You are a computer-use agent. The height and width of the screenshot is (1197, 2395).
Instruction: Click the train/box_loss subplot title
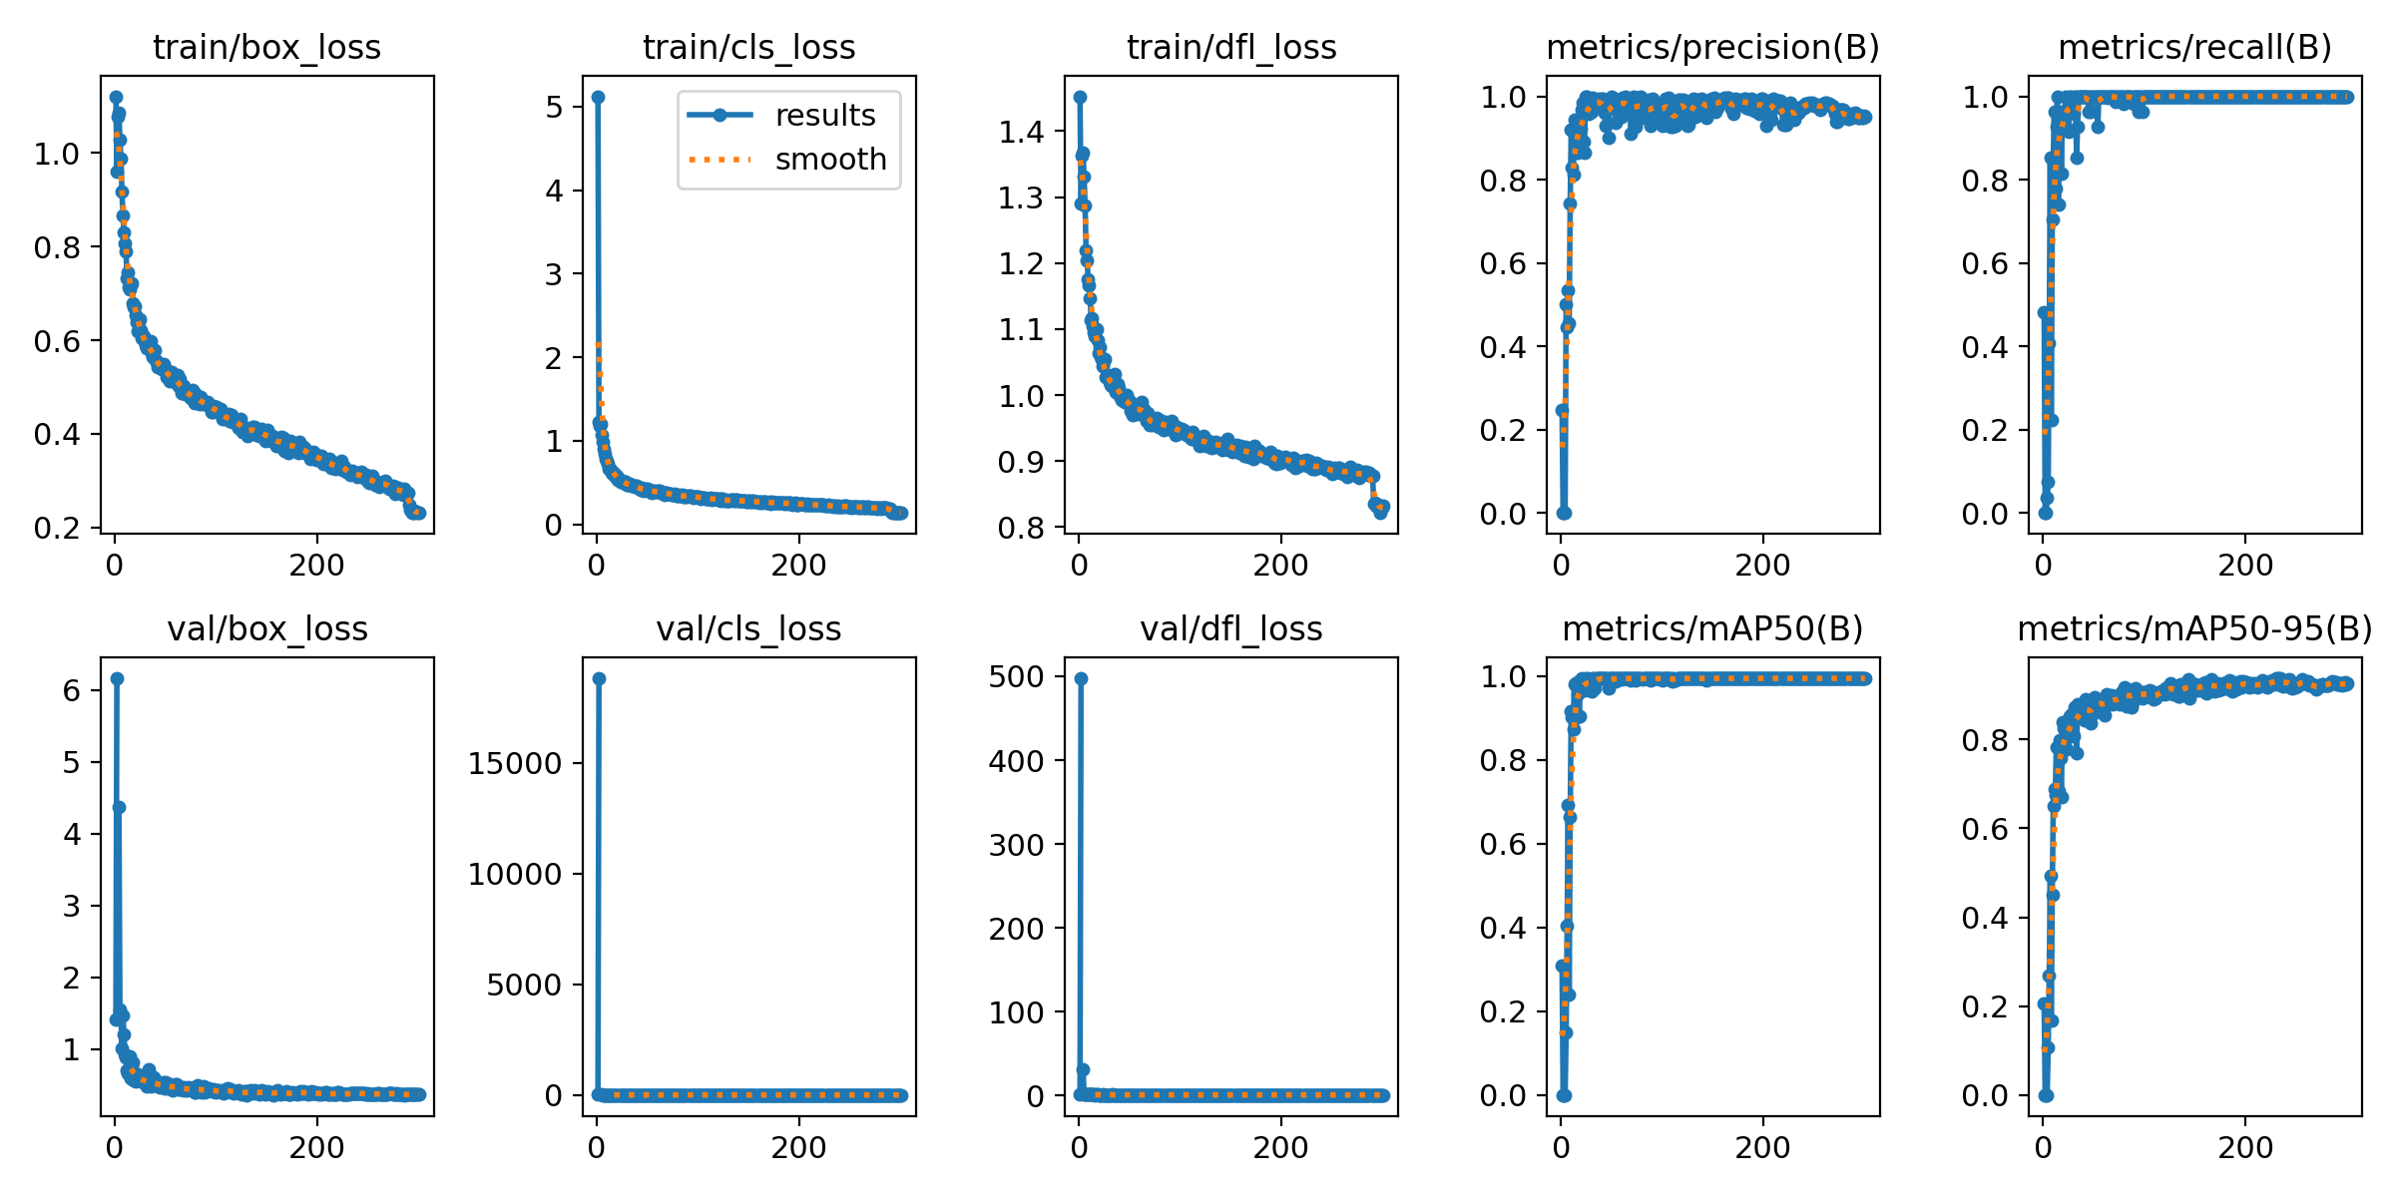pos(266,48)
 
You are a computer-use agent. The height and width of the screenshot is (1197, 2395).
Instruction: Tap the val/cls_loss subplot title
pos(748,629)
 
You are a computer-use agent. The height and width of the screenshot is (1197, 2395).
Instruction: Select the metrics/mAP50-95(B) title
pos(2194,629)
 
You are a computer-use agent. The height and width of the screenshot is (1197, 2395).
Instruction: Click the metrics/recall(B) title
pos(2194,48)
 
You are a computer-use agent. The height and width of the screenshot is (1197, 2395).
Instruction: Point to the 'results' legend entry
pos(824,116)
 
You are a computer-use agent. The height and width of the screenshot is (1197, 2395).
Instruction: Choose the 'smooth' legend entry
pos(830,160)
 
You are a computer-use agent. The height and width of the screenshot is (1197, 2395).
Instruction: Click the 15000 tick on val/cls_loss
pos(515,764)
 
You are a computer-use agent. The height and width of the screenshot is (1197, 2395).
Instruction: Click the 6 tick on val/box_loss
pos(71,690)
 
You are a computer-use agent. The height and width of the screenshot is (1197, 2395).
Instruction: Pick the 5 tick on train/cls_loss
pos(554,107)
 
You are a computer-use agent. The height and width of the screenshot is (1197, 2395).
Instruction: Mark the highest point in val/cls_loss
pos(599,678)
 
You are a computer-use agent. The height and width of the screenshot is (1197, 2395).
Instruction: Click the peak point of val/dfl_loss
pos(1081,678)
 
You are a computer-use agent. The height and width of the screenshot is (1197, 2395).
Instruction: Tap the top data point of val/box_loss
pos(117,678)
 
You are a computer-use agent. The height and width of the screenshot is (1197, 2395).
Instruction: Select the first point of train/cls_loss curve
pos(598,97)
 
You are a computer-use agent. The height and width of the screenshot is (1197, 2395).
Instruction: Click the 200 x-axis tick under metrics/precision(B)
pos(1762,566)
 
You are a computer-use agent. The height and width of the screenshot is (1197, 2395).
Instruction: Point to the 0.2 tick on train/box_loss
pos(57,528)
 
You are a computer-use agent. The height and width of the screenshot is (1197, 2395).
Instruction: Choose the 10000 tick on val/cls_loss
pos(515,875)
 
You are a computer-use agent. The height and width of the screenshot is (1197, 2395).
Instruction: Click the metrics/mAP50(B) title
pos(1712,629)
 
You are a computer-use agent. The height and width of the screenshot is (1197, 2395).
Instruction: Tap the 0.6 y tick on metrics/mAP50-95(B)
pos(1986,829)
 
